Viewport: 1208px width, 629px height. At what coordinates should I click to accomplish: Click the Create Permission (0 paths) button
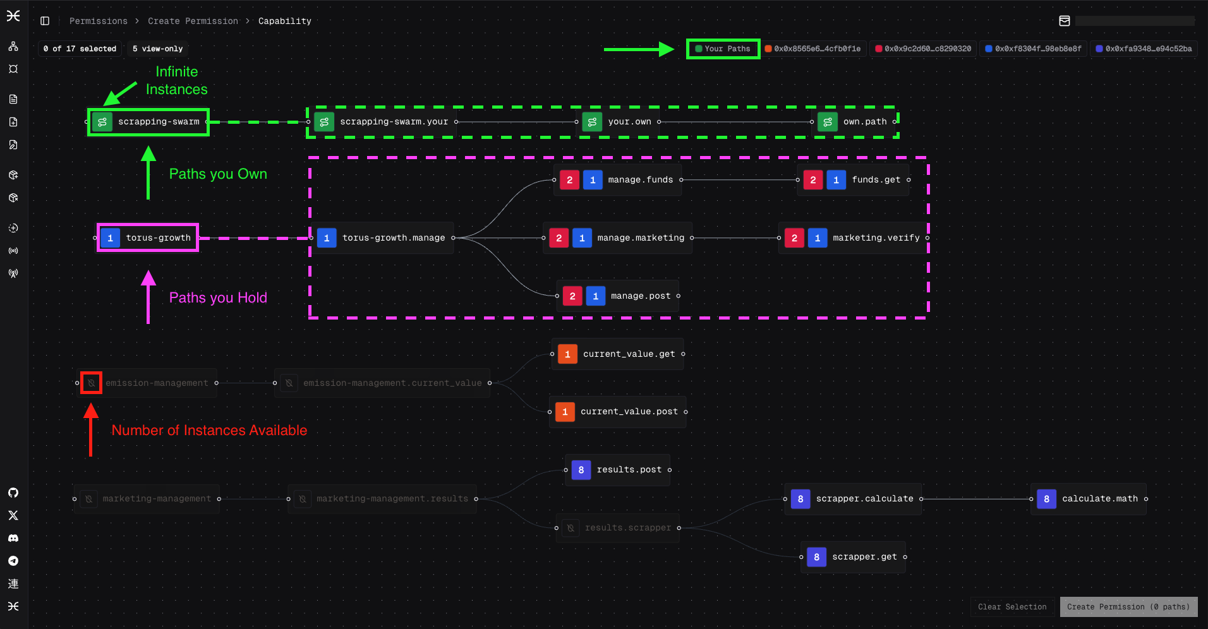pyautogui.click(x=1128, y=607)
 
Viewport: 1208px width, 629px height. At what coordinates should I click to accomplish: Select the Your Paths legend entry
pyautogui.click(x=723, y=49)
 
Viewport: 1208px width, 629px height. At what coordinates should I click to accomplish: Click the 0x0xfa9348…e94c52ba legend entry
pyautogui.click(x=1144, y=49)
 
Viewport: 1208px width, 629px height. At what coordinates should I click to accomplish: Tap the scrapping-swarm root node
pyautogui.click(x=158, y=122)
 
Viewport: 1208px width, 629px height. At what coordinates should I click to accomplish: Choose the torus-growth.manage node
pyautogui.click(x=393, y=238)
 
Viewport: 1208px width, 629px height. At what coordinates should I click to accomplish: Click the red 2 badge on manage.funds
pyautogui.click(x=569, y=180)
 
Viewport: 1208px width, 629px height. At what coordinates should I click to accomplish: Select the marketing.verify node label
pyautogui.click(x=876, y=238)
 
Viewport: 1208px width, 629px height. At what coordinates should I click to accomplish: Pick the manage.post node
pyautogui.click(x=640, y=296)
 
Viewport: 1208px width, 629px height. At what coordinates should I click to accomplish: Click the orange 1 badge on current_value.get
pyautogui.click(x=567, y=354)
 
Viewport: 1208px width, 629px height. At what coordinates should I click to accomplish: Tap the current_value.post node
pyautogui.click(x=629, y=412)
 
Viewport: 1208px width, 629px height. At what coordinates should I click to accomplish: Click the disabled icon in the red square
pyautogui.click(x=92, y=383)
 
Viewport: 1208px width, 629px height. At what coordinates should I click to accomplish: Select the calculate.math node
pyautogui.click(x=1099, y=499)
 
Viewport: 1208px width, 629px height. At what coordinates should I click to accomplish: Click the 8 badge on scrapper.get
pyautogui.click(x=816, y=557)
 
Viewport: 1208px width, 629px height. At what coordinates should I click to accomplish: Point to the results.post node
pyautogui.click(x=629, y=470)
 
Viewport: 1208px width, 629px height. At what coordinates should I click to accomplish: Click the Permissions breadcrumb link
pyautogui.click(x=98, y=21)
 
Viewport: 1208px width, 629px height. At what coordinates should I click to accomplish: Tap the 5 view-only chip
pyautogui.click(x=157, y=49)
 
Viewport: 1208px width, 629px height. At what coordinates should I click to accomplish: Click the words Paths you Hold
pyautogui.click(x=218, y=297)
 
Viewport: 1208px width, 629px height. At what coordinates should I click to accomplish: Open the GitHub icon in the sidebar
pyautogui.click(x=13, y=493)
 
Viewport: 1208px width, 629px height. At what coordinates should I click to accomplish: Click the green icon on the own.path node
pyautogui.click(x=827, y=122)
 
